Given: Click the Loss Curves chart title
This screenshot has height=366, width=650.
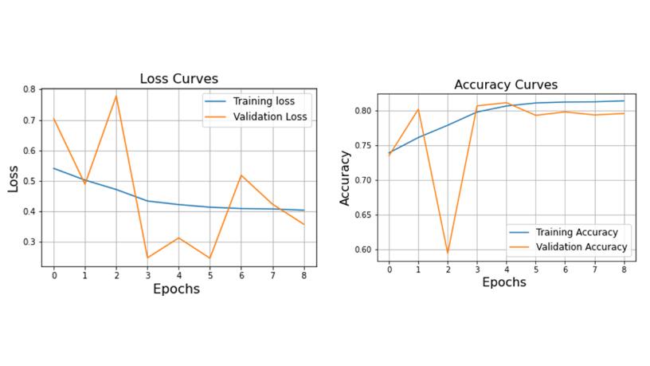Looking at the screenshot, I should click(178, 78).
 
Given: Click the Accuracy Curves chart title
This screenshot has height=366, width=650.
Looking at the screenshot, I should click(506, 85).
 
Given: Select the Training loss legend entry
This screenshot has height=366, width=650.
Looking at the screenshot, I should click(263, 101).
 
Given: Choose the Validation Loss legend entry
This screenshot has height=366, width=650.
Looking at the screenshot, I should click(269, 116).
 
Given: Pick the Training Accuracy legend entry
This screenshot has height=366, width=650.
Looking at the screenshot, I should click(576, 232).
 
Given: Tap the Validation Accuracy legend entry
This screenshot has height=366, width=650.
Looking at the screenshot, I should click(581, 247).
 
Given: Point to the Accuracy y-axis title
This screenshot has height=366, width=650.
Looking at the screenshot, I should click(345, 180).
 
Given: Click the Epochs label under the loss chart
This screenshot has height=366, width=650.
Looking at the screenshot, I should click(176, 289).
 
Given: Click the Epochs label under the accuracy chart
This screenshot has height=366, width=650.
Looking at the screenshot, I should click(504, 282).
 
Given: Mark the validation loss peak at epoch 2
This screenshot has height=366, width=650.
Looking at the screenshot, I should click(116, 96).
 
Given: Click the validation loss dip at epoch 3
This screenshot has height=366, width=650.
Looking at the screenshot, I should click(147, 258).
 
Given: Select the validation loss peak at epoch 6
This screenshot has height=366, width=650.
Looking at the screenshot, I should click(241, 175).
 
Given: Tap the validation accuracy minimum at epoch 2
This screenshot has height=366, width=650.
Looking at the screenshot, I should click(448, 253).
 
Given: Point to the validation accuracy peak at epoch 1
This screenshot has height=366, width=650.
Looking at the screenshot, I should click(418, 109).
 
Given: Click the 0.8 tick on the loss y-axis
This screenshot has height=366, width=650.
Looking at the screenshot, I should click(29, 89).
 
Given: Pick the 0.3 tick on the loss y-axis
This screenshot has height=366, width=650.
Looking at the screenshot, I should click(29, 242).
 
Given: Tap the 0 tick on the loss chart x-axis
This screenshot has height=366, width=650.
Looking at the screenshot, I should click(54, 275).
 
